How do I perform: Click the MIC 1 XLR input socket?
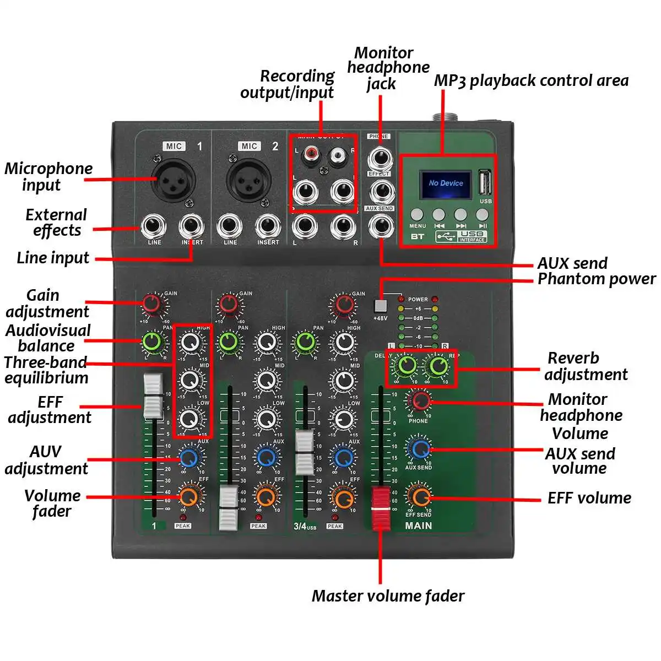click(x=174, y=180)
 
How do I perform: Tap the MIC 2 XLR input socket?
click(x=248, y=180)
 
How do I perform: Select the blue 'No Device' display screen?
click(x=446, y=183)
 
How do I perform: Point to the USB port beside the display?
click(x=484, y=181)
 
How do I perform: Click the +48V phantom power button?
click(x=380, y=305)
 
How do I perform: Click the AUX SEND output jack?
click(x=380, y=226)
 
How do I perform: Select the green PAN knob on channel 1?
click(x=154, y=342)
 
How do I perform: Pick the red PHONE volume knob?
click(x=420, y=400)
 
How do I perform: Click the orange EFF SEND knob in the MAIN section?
click(x=420, y=496)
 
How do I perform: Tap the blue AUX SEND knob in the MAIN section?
click(x=420, y=448)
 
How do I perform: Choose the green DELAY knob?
click(x=407, y=365)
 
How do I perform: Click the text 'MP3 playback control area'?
click(x=531, y=80)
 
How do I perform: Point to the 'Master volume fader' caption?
click(x=388, y=595)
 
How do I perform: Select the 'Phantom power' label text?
click(x=597, y=279)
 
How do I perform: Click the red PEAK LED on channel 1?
click(x=182, y=517)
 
